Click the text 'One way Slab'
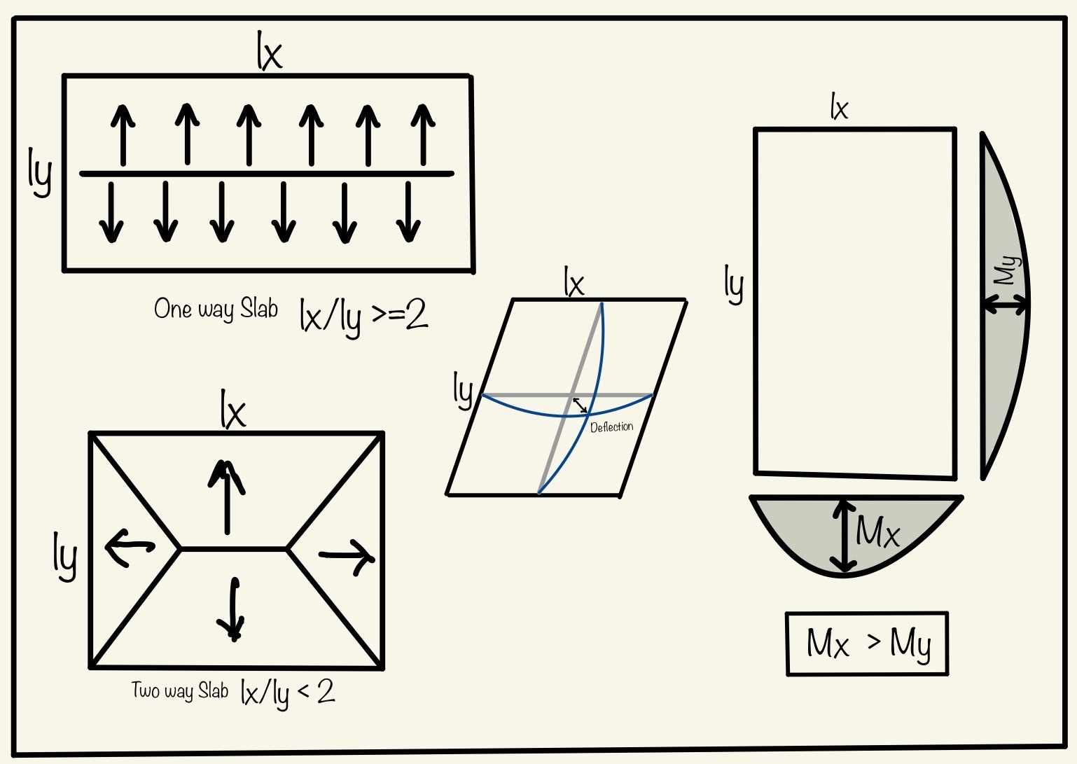216,309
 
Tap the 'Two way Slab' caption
180,691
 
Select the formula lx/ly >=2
363,317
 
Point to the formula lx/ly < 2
287,693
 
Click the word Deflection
611,426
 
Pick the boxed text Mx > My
868,644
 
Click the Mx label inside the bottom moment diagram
878,532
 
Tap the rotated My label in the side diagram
1007,270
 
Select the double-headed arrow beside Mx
844,536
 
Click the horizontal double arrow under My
1006,305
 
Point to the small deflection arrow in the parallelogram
581,405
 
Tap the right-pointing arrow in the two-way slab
347,557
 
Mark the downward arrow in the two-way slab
232,609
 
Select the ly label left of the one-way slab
40,172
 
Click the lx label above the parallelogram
574,283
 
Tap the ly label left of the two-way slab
64,556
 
